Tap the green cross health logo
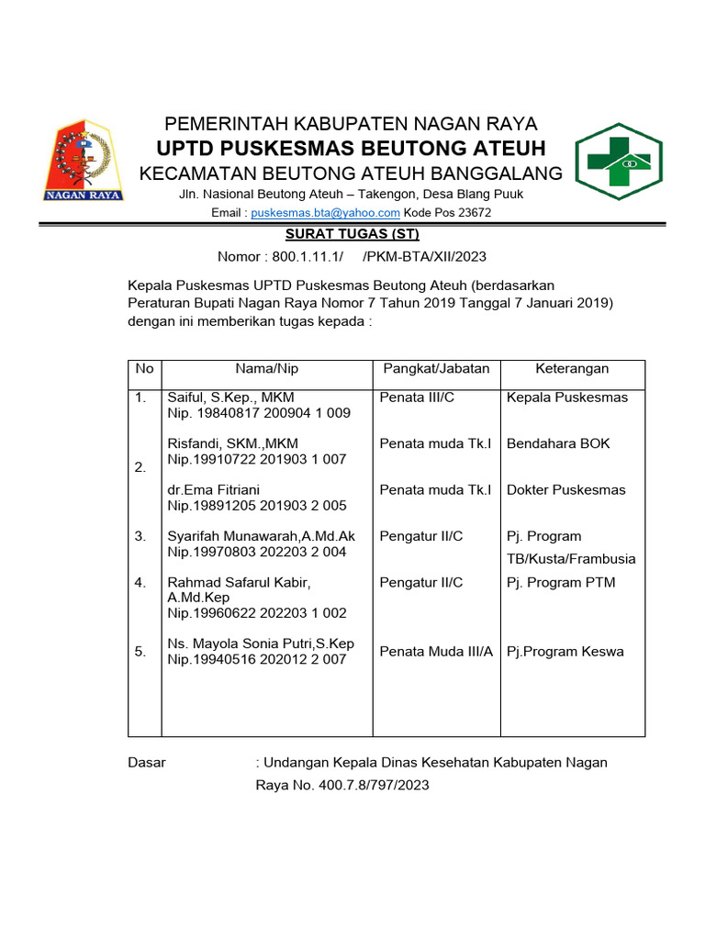(x=625, y=162)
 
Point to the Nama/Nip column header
(x=267, y=368)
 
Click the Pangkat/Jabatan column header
(x=436, y=368)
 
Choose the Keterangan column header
(x=572, y=368)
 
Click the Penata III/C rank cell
(x=417, y=397)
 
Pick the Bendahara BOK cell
(x=558, y=443)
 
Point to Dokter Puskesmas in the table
(x=565, y=490)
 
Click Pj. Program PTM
(x=561, y=582)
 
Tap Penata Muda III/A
(x=436, y=652)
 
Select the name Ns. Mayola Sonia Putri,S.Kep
(x=261, y=643)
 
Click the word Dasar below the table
(x=147, y=763)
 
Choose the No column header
(x=144, y=368)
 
